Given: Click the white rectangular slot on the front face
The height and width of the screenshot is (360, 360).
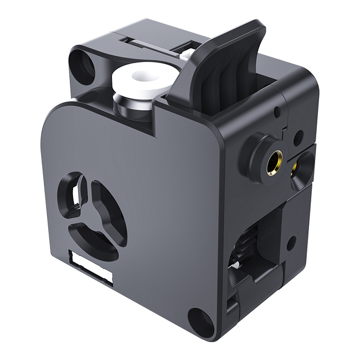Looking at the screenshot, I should pos(92,266).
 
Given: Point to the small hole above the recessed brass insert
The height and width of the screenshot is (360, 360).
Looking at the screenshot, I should pos(298,135).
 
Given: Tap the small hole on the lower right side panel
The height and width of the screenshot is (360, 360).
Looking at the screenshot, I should pos(291,240).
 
